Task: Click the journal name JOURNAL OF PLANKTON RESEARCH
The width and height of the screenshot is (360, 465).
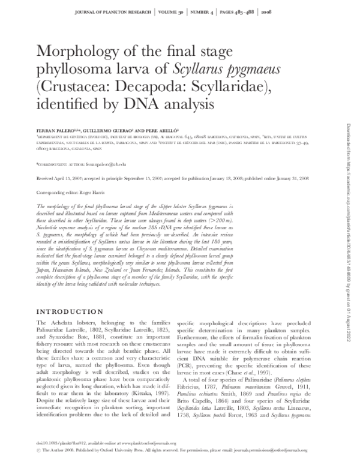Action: coord(111,11)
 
